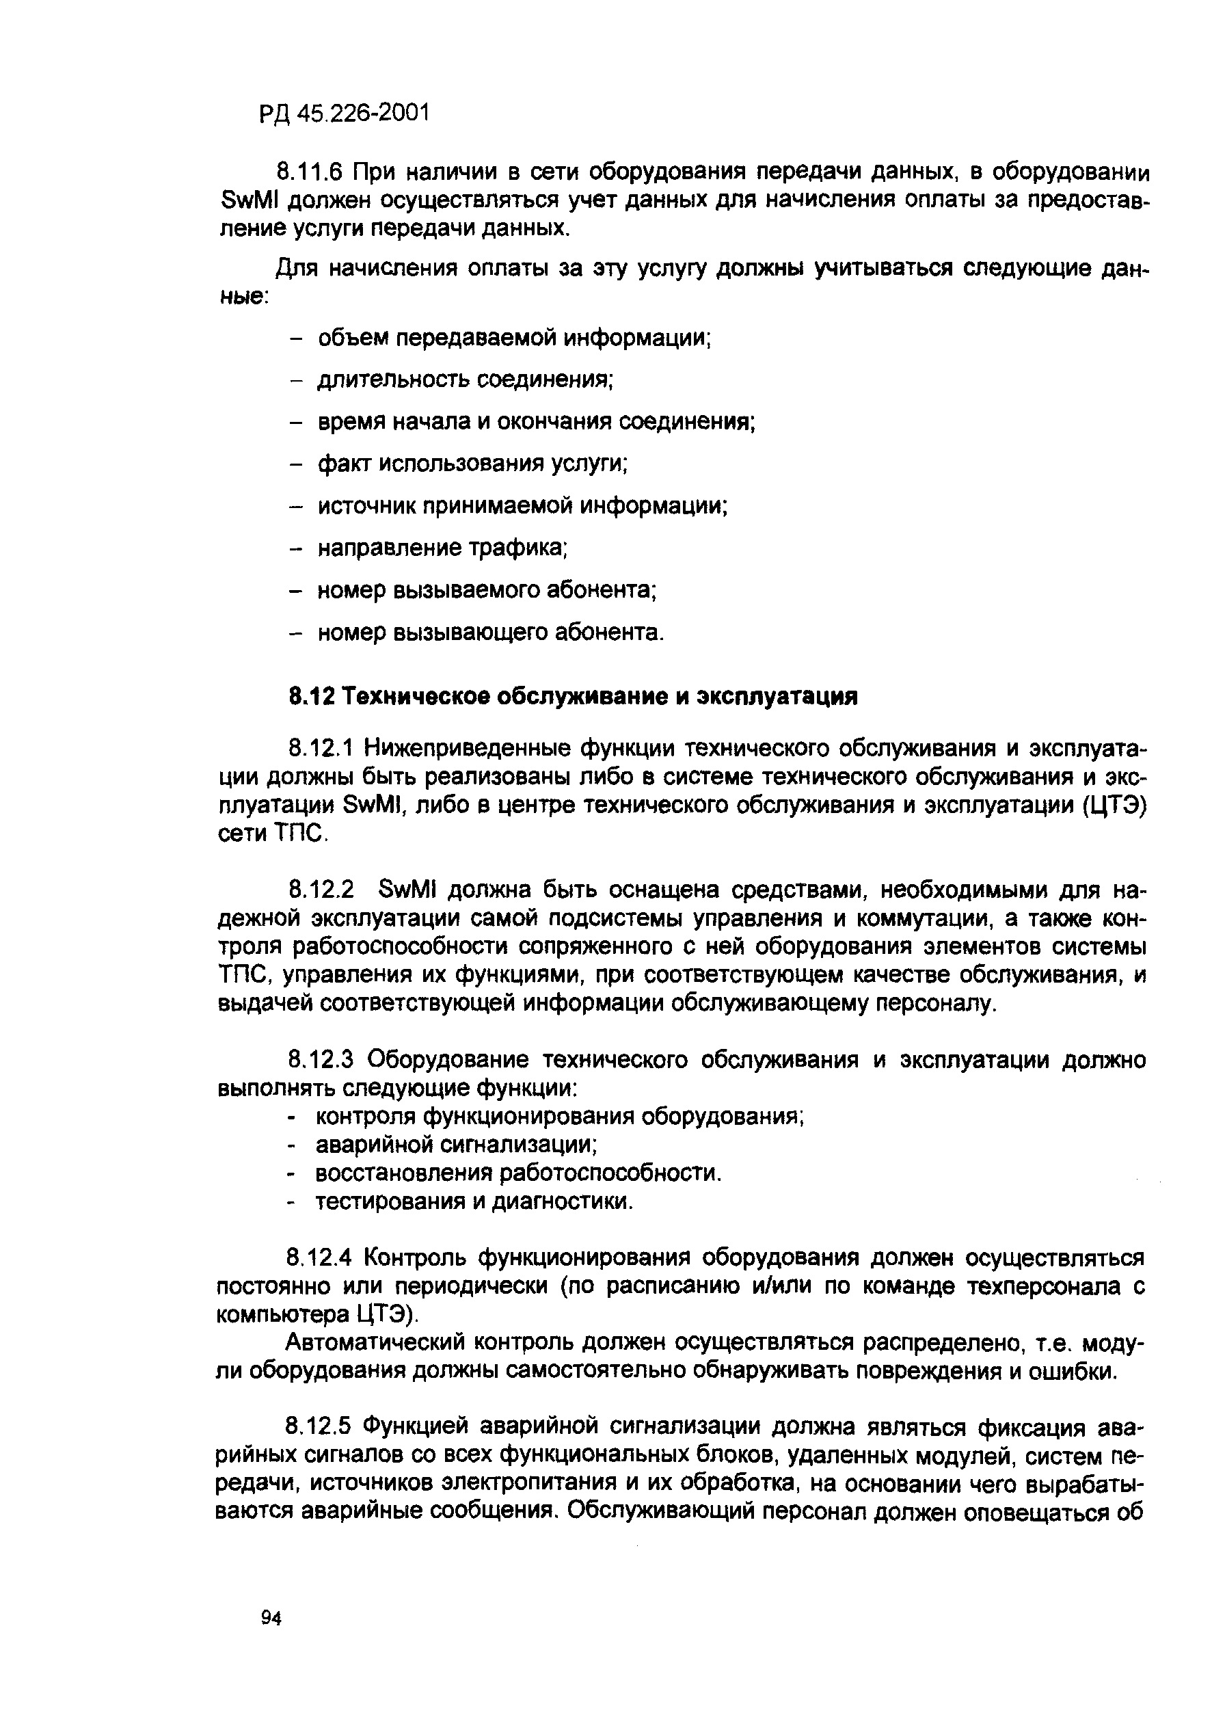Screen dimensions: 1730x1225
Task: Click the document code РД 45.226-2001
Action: coord(343,114)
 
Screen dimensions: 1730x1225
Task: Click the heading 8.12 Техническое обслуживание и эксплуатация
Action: coord(574,695)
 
